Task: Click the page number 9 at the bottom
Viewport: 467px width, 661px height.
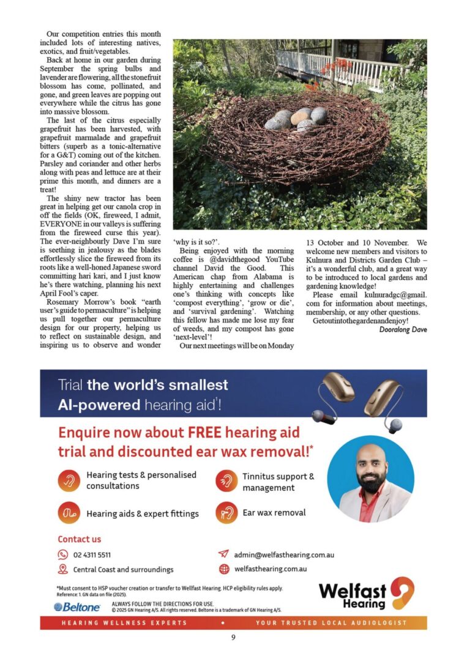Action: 233,637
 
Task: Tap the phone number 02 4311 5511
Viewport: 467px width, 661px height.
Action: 92,555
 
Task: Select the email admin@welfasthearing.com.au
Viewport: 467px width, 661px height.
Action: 284,555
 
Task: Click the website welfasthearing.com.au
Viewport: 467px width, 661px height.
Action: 270,569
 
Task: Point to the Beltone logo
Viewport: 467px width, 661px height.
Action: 78,607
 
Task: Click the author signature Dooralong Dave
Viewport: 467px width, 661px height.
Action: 403,330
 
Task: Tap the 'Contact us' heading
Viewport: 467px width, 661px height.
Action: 80,539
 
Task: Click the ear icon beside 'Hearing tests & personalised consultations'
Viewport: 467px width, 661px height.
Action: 69,480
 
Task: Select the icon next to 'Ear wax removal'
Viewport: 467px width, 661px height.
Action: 226,512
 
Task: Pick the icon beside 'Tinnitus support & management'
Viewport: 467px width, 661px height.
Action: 226,481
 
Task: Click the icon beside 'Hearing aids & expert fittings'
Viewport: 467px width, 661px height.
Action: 69,513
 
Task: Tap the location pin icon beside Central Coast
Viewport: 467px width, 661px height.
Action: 62,569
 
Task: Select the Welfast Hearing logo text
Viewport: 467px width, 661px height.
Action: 353,594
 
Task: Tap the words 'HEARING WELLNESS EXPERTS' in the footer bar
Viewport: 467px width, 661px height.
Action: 124,622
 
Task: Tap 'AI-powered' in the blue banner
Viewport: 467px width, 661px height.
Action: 99,405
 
